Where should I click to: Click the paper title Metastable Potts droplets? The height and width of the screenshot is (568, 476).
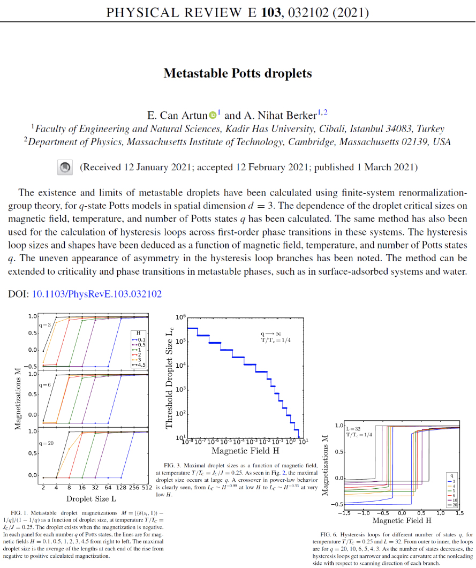click(238, 73)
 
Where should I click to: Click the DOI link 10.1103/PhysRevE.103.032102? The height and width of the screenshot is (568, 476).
click(97, 294)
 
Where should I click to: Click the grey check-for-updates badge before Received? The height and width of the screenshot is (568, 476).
click(65, 168)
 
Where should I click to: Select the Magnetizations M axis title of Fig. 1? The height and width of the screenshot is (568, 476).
click(18, 396)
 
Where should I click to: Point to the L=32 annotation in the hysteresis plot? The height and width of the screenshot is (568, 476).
click(354, 429)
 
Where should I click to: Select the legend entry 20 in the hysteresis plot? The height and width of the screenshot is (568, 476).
click(452, 505)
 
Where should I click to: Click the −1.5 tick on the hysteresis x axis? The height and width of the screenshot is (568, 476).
click(343, 513)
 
